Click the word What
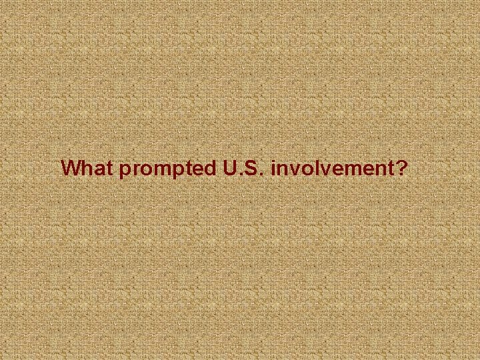(87, 168)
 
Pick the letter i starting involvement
(274, 168)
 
